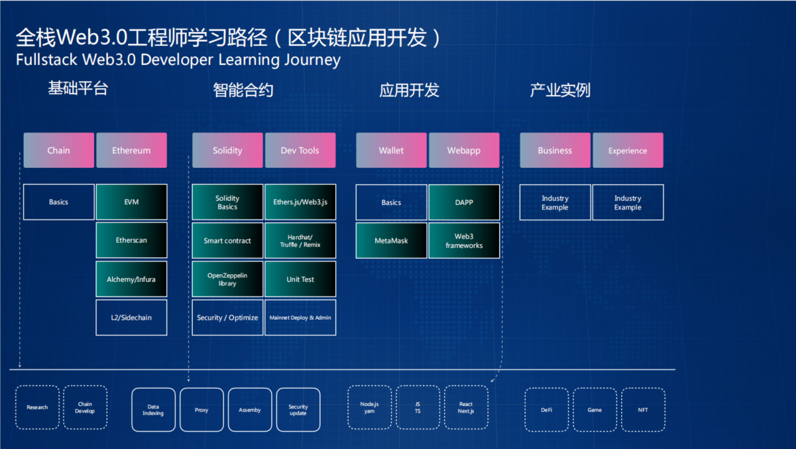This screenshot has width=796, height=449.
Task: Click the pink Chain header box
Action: point(58,151)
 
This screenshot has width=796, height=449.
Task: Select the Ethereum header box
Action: point(131,151)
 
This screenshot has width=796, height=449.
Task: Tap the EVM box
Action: point(131,202)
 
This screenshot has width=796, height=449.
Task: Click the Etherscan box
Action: point(131,240)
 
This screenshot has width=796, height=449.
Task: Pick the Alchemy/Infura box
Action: point(131,279)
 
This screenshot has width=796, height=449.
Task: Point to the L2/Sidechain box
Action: point(131,318)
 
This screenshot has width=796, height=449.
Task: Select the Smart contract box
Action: point(227,240)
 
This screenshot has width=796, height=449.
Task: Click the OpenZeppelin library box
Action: point(227,279)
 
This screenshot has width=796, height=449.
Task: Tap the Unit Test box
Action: point(300,279)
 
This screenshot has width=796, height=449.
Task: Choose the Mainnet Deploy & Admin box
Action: point(300,318)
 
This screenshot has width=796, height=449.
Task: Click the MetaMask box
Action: point(391,240)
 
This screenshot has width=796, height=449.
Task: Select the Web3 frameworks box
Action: point(464,240)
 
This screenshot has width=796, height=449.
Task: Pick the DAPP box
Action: point(464,202)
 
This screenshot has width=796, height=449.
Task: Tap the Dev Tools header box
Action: point(300,151)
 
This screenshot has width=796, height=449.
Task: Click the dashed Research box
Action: point(37,407)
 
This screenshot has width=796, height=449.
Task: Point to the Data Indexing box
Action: point(153,410)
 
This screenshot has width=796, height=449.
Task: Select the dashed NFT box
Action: point(643,410)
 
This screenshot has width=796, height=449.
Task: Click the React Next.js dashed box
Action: point(466,407)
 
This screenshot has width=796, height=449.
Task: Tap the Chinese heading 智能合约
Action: point(243,90)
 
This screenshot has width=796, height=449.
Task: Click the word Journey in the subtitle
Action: point(314,60)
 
